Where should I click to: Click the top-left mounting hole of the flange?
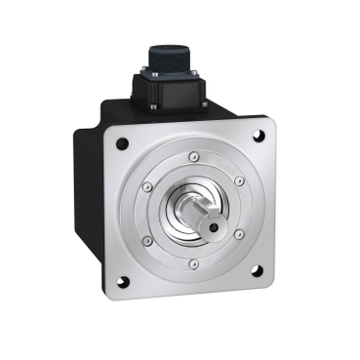[123, 143]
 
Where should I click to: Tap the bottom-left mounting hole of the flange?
[123, 283]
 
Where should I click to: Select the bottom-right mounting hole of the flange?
[258, 287]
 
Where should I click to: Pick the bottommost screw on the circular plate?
[193, 263]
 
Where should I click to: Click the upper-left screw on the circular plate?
[147, 186]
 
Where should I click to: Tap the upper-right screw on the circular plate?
[239, 180]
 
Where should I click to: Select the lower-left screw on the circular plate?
[147, 240]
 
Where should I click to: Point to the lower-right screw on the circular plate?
[239, 235]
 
